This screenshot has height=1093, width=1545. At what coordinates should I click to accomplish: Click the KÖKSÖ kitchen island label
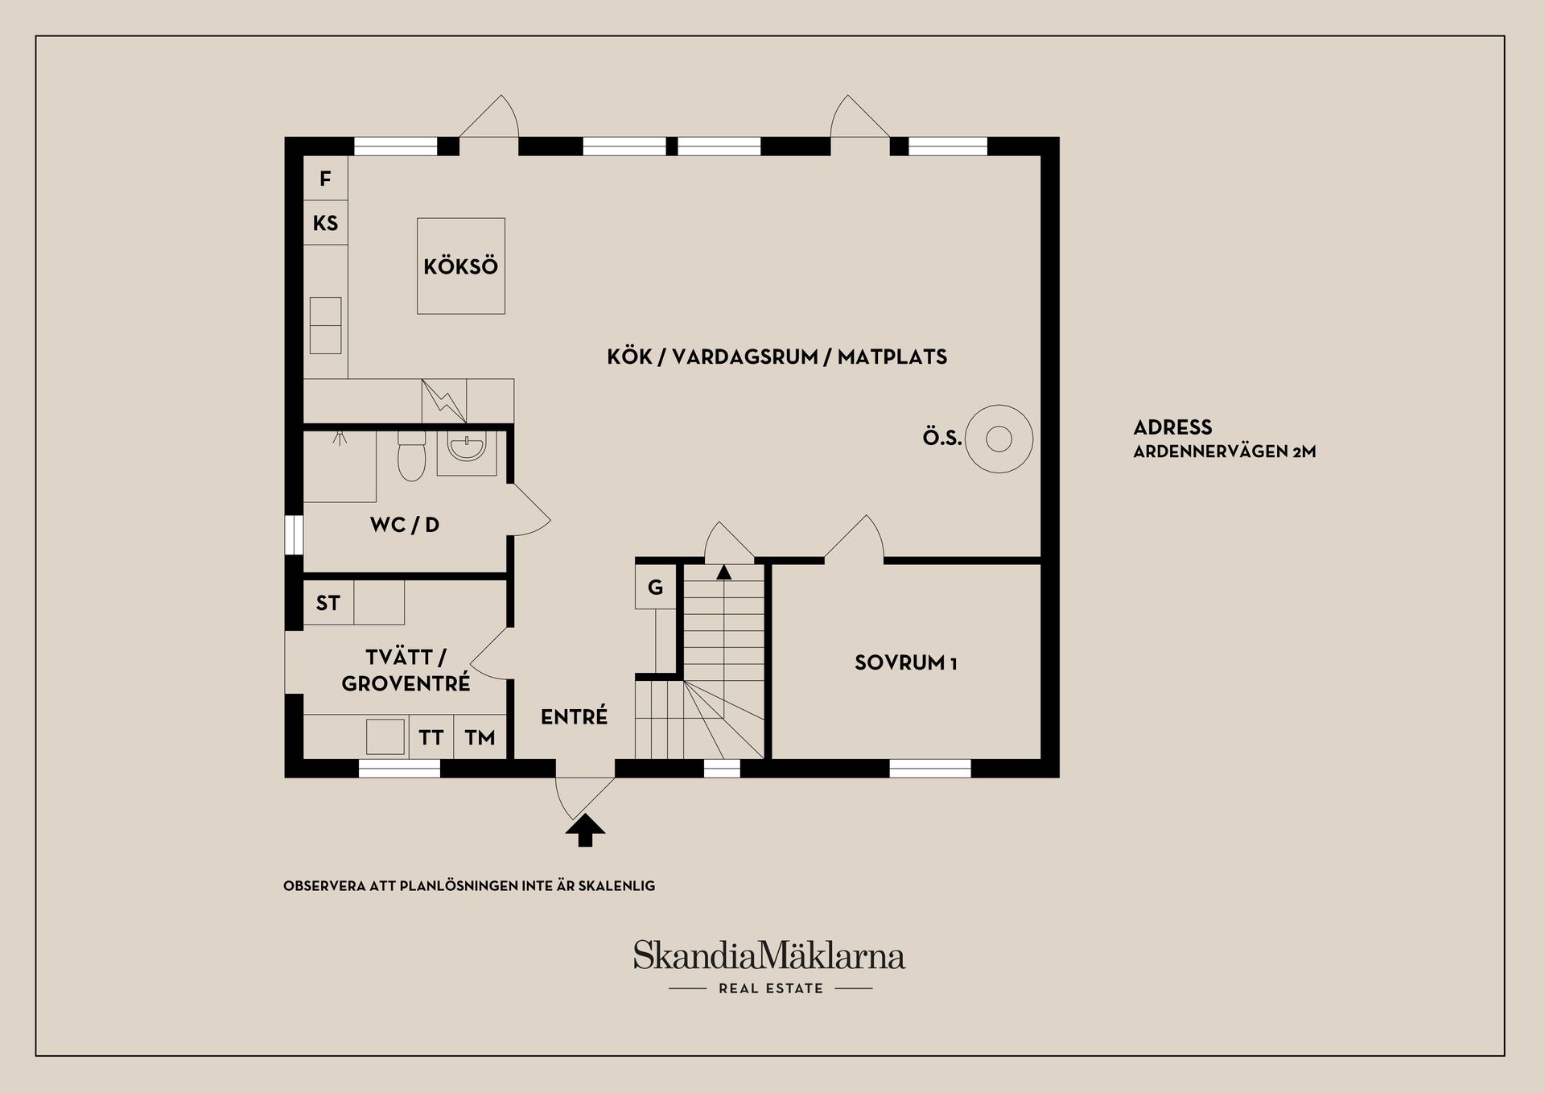click(x=461, y=266)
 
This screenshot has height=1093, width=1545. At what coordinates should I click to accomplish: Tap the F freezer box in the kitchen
click(x=325, y=178)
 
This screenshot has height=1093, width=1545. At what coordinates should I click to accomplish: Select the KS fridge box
click(x=325, y=223)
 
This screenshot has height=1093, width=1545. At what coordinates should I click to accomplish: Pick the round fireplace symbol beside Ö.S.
click(x=999, y=439)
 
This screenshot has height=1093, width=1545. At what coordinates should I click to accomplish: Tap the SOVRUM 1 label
click(x=906, y=663)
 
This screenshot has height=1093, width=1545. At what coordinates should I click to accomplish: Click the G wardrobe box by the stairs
click(x=655, y=587)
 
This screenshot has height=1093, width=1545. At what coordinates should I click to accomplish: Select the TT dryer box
click(x=431, y=736)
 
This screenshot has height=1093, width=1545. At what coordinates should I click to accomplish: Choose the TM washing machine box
click(x=480, y=736)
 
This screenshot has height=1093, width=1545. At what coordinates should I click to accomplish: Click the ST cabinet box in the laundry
click(x=328, y=603)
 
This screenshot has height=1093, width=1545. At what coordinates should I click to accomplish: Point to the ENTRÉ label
click(x=574, y=716)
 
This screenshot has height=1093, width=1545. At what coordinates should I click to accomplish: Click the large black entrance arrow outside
click(x=585, y=831)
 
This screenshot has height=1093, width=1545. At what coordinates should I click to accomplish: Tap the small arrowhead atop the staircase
click(x=724, y=572)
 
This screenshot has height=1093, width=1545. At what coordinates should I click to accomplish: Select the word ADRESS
click(x=1172, y=427)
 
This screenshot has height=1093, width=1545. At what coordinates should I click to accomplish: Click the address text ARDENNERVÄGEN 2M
click(x=1225, y=452)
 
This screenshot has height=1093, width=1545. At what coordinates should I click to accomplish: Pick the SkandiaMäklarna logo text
click(x=769, y=955)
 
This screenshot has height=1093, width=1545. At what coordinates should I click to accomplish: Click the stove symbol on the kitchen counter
click(x=444, y=401)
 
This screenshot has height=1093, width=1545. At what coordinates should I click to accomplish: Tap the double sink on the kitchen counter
click(x=325, y=325)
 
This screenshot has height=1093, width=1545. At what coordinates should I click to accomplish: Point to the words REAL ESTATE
click(x=771, y=988)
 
